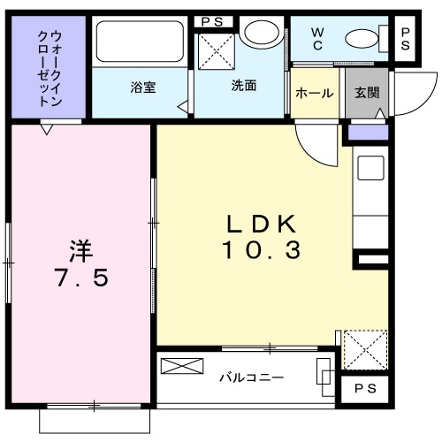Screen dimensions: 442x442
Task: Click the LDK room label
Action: (x=263, y=222)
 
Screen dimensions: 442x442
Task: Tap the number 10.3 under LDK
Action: (x=263, y=250)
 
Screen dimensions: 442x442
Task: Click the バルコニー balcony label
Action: (x=252, y=377)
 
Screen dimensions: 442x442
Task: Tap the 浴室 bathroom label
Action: (x=142, y=87)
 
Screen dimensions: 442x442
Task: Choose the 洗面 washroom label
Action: (x=244, y=87)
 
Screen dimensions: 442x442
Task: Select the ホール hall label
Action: (x=315, y=93)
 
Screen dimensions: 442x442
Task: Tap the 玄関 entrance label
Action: (x=367, y=93)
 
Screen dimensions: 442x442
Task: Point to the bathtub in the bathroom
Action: (x=138, y=41)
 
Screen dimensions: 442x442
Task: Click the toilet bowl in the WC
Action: (x=362, y=39)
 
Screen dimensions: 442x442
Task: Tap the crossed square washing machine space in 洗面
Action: (x=215, y=50)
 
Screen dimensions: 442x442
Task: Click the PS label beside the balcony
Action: (x=364, y=389)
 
